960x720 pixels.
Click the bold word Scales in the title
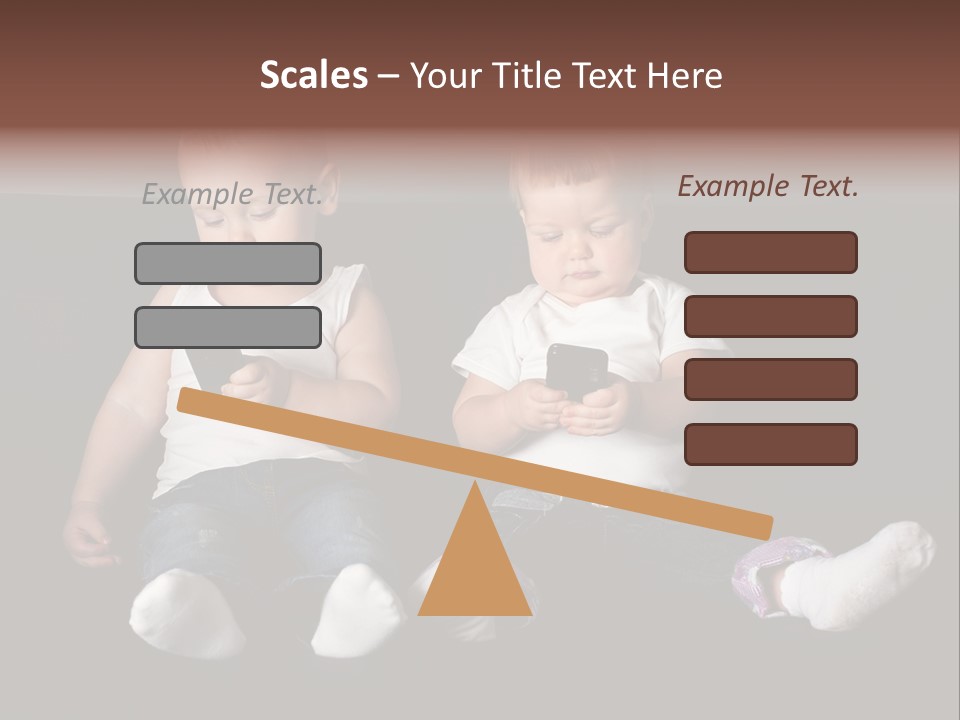pyautogui.click(x=313, y=75)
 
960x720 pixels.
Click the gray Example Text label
pyautogui.click(x=232, y=194)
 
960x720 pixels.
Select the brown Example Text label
pyautogui.click(x=768, y=186)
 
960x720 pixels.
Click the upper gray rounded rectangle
pyautogui.click(x=228, y=263)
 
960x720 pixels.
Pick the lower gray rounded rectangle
pyautogui.click(x=228, y=327)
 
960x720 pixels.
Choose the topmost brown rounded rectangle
pyautogui.click(x=770, y=252)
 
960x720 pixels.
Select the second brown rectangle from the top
pyautogui.click(x=770, y=316)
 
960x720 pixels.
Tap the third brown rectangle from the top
pyautogui.click(x=770, y=379)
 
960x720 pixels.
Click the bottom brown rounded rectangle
pyautogui.click(x=770, y=444)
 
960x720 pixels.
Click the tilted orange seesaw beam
pyautogui.click(x=475, y=462)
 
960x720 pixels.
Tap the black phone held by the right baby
pyautogui.click(x=577, y=370)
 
